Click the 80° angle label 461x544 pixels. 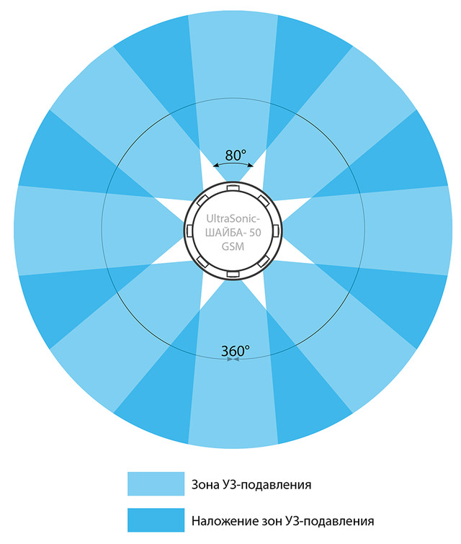236,155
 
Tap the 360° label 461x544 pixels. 235,351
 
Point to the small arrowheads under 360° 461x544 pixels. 231,360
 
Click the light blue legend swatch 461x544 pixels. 156,484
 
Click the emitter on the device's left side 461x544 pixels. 189,231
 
